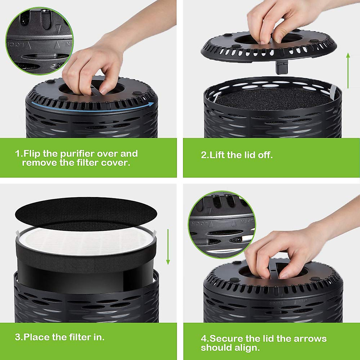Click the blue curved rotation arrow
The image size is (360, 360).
click(90, 107)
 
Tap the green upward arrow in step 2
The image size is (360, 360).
click(348, 70)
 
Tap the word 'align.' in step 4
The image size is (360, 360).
click(246, 348)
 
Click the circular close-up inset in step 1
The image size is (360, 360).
click(39, 40)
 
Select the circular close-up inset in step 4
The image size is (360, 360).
click(222, 224)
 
